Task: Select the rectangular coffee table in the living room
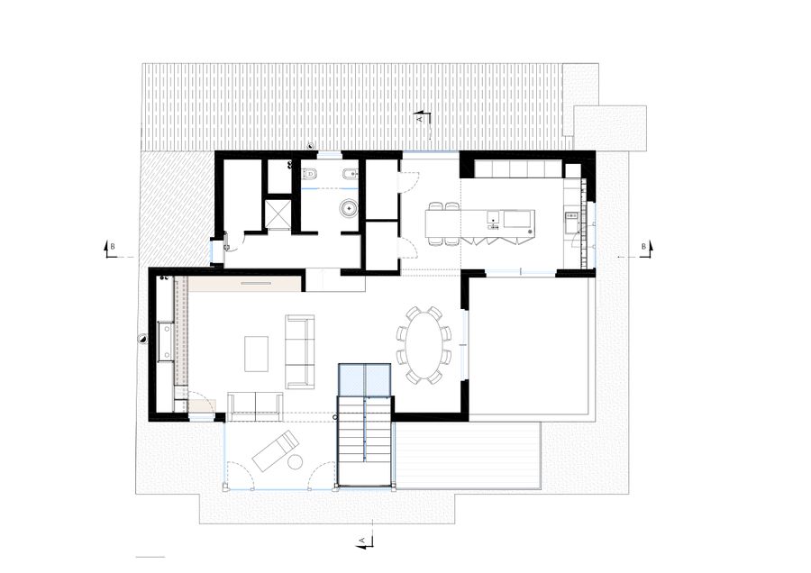257,354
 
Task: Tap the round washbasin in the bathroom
349,209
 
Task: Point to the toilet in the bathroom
309,174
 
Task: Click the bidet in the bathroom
351,174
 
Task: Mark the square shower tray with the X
278,214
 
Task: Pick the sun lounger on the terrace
275,451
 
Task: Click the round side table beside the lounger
296,461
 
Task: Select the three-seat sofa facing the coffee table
300,351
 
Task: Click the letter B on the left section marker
113,247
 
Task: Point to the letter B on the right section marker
644,247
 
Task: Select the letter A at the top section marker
420,119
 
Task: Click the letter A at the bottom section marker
362,541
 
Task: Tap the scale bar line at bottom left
150,557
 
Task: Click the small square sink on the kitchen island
494,215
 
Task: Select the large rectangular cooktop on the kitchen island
519,219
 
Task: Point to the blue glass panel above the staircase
364,380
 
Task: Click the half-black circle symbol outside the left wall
142,339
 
